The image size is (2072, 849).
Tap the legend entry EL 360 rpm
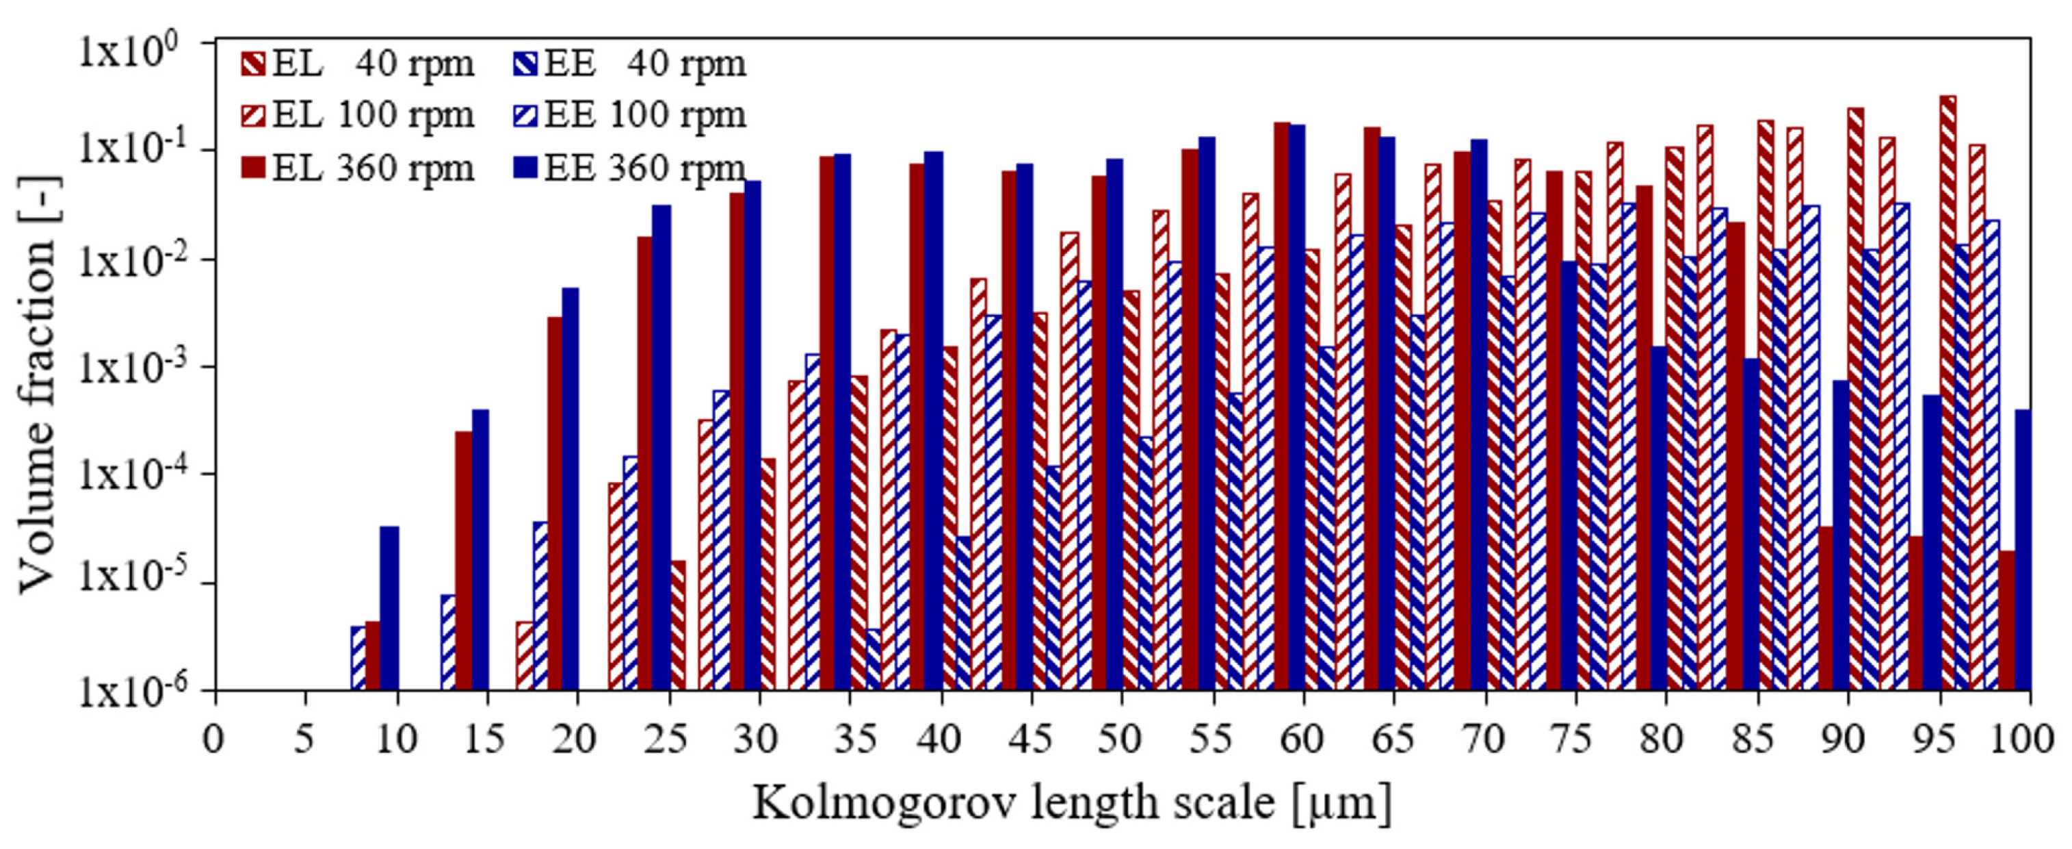pyautogui.click(x=358, y=168)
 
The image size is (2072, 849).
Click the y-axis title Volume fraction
pyautogui.click(x=36, y=385)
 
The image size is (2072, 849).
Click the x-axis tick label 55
pyautogui.click(x=1209, y=739)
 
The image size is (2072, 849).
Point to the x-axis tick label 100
pyautogui.click(x=2030, y=739)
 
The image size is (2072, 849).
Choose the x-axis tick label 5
pyautogui.click(x=304, y=739)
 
